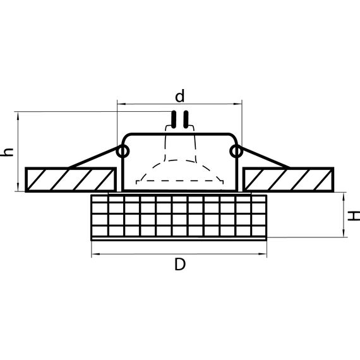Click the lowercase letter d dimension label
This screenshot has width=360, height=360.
tap(180, 96)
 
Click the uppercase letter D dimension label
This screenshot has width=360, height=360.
tap(180, 266)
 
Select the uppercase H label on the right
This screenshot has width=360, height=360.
tap(354, 215)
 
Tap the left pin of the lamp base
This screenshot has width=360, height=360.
tap(174, 119)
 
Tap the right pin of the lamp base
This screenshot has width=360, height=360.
tap(186, 119)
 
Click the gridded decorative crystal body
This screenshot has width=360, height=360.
tap(180, 217)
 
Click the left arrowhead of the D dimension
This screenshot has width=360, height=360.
tap(95, 255)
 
